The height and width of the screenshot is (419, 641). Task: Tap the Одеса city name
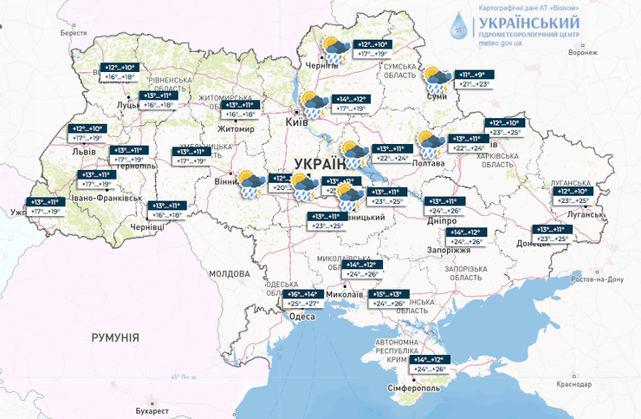301,317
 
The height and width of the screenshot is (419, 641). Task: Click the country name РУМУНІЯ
115,337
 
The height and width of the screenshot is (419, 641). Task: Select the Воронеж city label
582,51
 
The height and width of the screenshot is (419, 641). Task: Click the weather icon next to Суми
437,80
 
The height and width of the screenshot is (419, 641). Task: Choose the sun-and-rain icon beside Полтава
431,142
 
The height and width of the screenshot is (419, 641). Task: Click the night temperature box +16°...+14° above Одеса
305,294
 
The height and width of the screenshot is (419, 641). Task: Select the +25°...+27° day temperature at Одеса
305,304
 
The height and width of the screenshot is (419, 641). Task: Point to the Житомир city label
237,129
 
